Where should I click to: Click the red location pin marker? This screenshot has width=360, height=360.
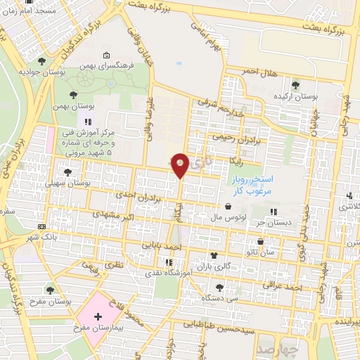click(x=181, y=165)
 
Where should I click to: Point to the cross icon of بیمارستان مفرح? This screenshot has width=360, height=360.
click(x=97, y=318)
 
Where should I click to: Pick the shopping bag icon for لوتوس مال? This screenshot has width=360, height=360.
click(x=229, y=207)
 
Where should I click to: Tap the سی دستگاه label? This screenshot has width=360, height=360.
click(x=221, y=298)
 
